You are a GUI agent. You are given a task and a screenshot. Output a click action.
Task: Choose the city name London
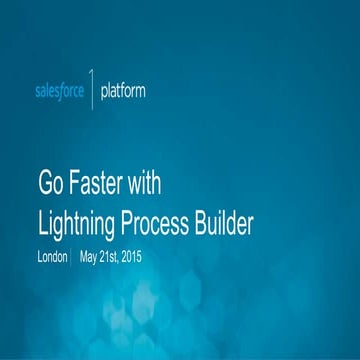(x=52, y=256)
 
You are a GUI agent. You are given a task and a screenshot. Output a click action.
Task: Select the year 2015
(x=155, y=256)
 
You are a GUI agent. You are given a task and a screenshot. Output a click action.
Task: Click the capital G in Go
(x=45, y=185)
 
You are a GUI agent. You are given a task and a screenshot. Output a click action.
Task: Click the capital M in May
(x=84, y=256)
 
